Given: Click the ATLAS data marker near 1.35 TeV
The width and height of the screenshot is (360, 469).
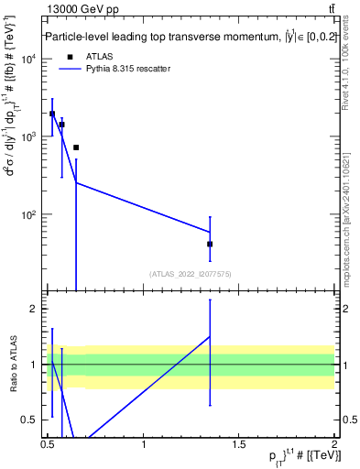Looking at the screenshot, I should pos(210,244).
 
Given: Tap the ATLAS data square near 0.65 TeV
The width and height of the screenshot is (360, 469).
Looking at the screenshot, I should pos(76,147).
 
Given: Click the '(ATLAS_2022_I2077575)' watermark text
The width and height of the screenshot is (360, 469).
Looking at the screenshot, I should pos(190,273).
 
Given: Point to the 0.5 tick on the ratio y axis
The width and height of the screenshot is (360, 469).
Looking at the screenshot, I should pos(31,420).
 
